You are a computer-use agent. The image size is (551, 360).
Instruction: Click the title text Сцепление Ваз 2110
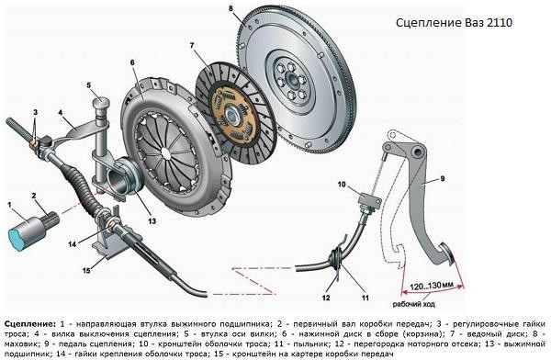click(455, 21)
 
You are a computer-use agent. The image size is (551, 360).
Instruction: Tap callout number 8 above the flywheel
click(231, 10)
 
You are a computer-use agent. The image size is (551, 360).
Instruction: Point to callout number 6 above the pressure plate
click(133, 62)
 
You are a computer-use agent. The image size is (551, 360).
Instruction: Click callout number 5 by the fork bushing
click(89, 85)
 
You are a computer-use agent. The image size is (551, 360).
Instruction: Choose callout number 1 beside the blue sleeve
click(9, 204)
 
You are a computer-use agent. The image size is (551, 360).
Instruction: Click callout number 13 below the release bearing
click(152, 219)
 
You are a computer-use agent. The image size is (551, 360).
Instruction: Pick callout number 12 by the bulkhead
click(325, 297)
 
